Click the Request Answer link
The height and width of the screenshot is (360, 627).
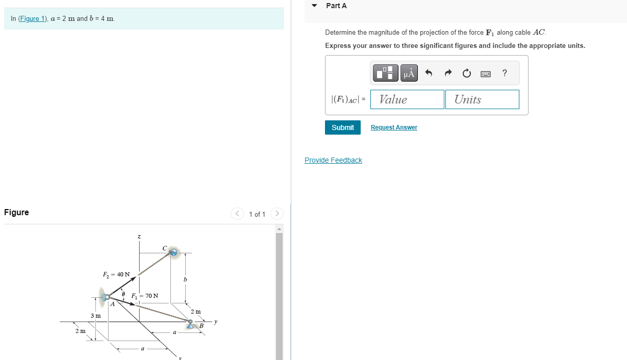tap(393, 127)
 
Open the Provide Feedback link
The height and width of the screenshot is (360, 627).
tap(333, 160)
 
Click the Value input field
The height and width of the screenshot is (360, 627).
tap(407, 99)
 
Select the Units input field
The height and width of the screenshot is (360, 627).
tap(482, 99)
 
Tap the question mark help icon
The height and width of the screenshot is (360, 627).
tap(505, 73)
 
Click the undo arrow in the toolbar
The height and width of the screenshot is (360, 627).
tap(429, 73)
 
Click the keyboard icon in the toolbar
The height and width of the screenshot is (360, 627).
tap(486, 73)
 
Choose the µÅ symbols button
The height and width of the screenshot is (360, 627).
tap(409, 73)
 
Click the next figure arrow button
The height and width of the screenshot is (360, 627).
tap(277, 214)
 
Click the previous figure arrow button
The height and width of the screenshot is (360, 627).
tap(237, 214)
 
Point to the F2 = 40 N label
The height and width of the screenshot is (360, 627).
tap(116, 274)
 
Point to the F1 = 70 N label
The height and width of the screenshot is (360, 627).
tap(145, 296)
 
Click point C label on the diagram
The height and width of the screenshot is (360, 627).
tap(164, 248)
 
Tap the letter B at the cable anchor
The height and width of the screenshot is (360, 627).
tap(202, 326)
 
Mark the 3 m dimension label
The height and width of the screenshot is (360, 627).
tap(95, 316)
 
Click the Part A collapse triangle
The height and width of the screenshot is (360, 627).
tap(314, 6)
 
